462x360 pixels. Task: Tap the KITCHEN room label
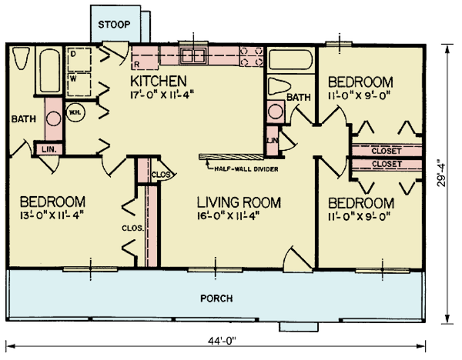(x=159, y=82)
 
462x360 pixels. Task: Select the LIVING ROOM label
(x=236, y=203)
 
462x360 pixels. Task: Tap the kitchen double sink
(x=192, y=55)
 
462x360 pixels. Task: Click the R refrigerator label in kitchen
(x=136, y=66)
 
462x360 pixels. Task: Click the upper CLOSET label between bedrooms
(x=386, y=151)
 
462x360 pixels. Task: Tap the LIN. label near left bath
(x=48, y=148)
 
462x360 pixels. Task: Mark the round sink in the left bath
(x=52, y=119)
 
